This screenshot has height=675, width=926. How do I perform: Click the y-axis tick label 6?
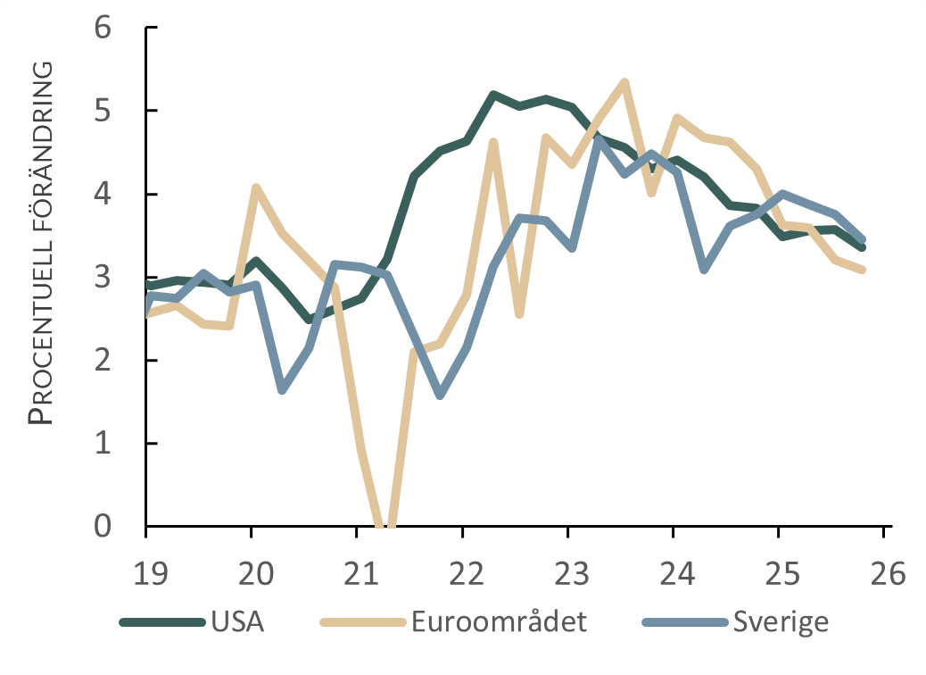103,29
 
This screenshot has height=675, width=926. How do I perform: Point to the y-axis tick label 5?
103,112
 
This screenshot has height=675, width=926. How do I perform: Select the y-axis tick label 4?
103,195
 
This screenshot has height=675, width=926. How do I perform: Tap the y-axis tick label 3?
103,278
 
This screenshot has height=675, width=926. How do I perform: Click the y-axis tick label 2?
103,361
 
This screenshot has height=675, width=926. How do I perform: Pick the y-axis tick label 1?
103,444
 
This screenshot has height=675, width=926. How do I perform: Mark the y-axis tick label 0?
103,527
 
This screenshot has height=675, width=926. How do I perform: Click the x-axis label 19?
152,573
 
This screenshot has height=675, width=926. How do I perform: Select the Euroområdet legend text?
500,621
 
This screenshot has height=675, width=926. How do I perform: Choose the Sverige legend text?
781,622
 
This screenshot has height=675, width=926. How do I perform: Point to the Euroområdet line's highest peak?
624,81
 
